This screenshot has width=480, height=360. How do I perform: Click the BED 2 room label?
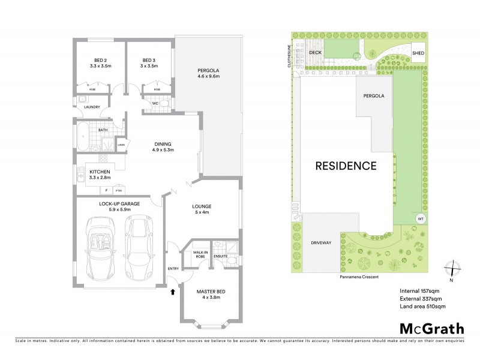(x=100, y=60)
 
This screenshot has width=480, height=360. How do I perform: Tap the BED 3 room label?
(x=149, y=60)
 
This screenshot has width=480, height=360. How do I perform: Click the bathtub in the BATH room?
(x=83, y=138)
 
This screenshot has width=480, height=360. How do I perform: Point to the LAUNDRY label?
(x=92, y=107)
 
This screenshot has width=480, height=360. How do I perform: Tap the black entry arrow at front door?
(x=173, y=293)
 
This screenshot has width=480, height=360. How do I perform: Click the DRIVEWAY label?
(x=322, y=244)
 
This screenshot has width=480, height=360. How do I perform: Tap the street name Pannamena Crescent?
(x=359, y=277)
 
